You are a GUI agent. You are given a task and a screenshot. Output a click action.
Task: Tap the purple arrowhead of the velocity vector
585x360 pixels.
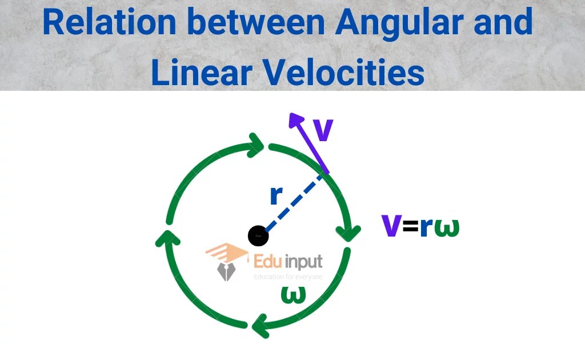pyautogui.click(x=296, y=120)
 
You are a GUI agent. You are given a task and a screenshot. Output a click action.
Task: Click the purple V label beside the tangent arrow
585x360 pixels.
pyautogui.click(x=323, y=130)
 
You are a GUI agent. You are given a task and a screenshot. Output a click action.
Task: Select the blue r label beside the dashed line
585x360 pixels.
pyautogui.click(x=276, y=195)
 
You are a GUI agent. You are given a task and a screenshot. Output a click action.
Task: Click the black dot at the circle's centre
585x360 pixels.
pyautogui.click(x=258, y=235)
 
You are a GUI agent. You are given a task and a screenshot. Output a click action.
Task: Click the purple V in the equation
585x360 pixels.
pyautogui.click(x=391, y=226)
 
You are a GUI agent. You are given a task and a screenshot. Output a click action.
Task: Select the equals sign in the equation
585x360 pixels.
pyautogui.click(x=410, y=227)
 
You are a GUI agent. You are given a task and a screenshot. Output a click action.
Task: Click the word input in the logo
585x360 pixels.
pyautogui.click(x=303, y=263)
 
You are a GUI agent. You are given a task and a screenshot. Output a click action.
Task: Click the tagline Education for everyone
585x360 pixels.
pyautogui.click(x=288, y=277)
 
